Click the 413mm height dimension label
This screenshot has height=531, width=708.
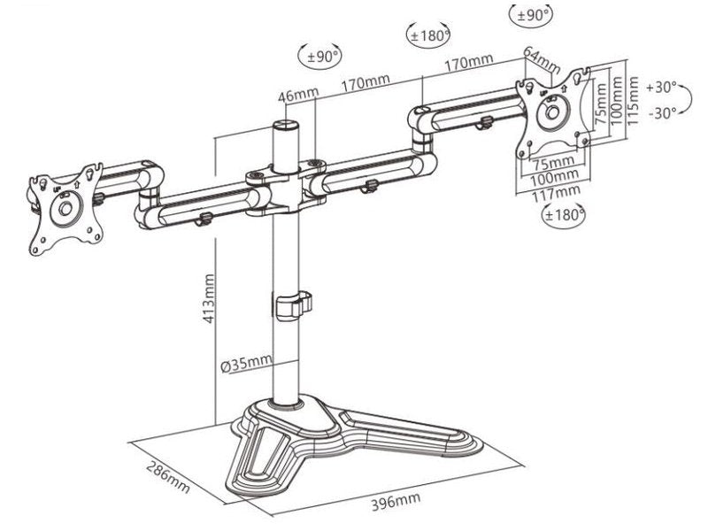[208, 298]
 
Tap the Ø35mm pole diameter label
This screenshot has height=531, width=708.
[247, 364]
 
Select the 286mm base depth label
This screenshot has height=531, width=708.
[168, 477]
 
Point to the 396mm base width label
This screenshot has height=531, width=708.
[396, 502]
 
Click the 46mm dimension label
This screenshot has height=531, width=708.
[298, 95]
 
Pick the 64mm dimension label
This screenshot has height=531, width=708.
[542, 59]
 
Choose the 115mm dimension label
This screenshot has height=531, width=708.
[633, 101]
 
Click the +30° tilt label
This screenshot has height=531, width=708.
[661, 87]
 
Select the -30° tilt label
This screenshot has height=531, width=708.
[663, 113]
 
